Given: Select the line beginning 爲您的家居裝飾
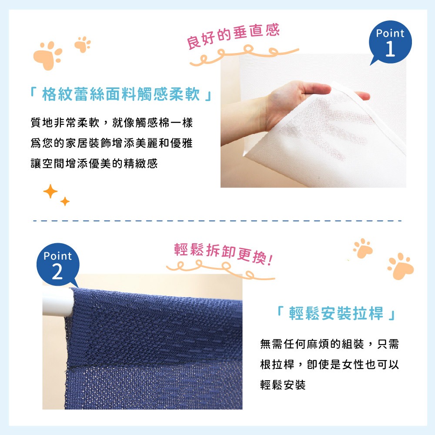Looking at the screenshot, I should pyautogui.click(x=111, y=143).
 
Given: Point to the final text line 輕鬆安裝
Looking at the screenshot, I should pyautogui.click(x=283, y=385).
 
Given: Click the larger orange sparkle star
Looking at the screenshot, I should pyautogui.click(x=50, y=191).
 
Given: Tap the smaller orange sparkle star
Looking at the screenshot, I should pyautogui.click(x=65, y=201).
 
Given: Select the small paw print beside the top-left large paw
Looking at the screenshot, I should pyautogui.click(x=82, y=44).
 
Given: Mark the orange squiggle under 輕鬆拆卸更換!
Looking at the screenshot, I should pyautogui.click(x=220, y=270).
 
